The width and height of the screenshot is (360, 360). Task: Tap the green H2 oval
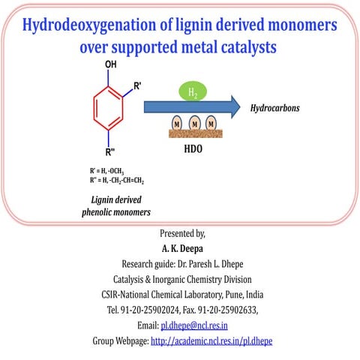[192, 92]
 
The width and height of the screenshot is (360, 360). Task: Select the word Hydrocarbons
[274, 109]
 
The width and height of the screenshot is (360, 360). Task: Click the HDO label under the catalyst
[193, 149]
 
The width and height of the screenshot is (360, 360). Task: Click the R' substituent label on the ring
[137, 88]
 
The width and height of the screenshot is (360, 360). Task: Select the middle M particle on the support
[193, 123]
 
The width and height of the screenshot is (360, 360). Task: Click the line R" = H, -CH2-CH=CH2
[117, 181]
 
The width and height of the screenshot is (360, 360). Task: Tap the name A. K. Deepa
[181, 247]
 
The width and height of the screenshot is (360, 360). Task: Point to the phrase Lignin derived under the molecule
[116, 199]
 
